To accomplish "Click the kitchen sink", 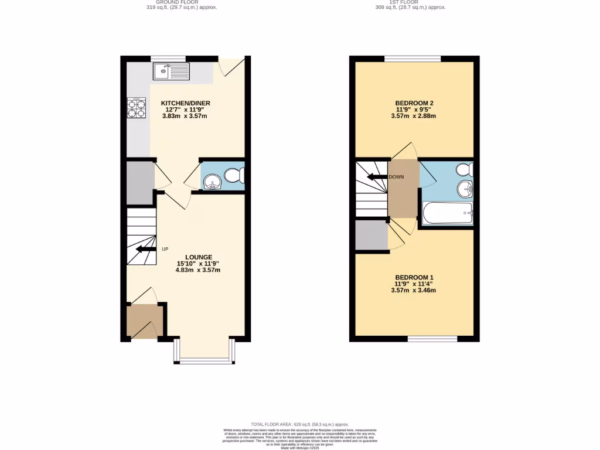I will click(x=171, y=71).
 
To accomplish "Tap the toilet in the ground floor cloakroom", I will click(x=233, y=175).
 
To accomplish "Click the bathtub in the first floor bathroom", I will click(x=448, y=213).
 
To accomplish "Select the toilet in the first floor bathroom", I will click(x=465, y=169).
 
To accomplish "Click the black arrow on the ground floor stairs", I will click(x=143, y=250).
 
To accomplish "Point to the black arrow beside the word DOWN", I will click(x=376, y=177).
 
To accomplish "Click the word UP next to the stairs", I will click(x=165, y=250).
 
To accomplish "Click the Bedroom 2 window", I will click(x=412, y=58).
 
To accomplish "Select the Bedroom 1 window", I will click(x=432, y=339).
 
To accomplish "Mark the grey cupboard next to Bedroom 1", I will click(x=371, y=235).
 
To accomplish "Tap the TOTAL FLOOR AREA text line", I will click(x=299, y=424).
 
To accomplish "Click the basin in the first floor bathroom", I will click(x=466, y=189).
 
